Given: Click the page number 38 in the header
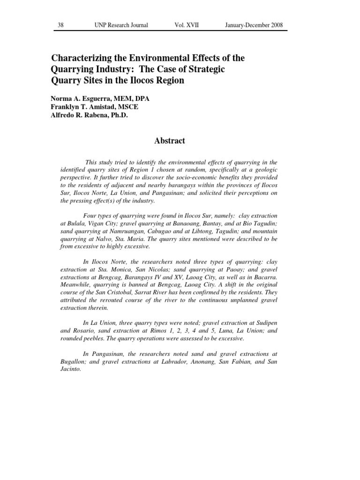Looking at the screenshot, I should pos(60,25).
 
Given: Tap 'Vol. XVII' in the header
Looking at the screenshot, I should pos(186,25).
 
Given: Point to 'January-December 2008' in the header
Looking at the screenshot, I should pos(253,25).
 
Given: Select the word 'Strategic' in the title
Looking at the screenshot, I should pos(208,69).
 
